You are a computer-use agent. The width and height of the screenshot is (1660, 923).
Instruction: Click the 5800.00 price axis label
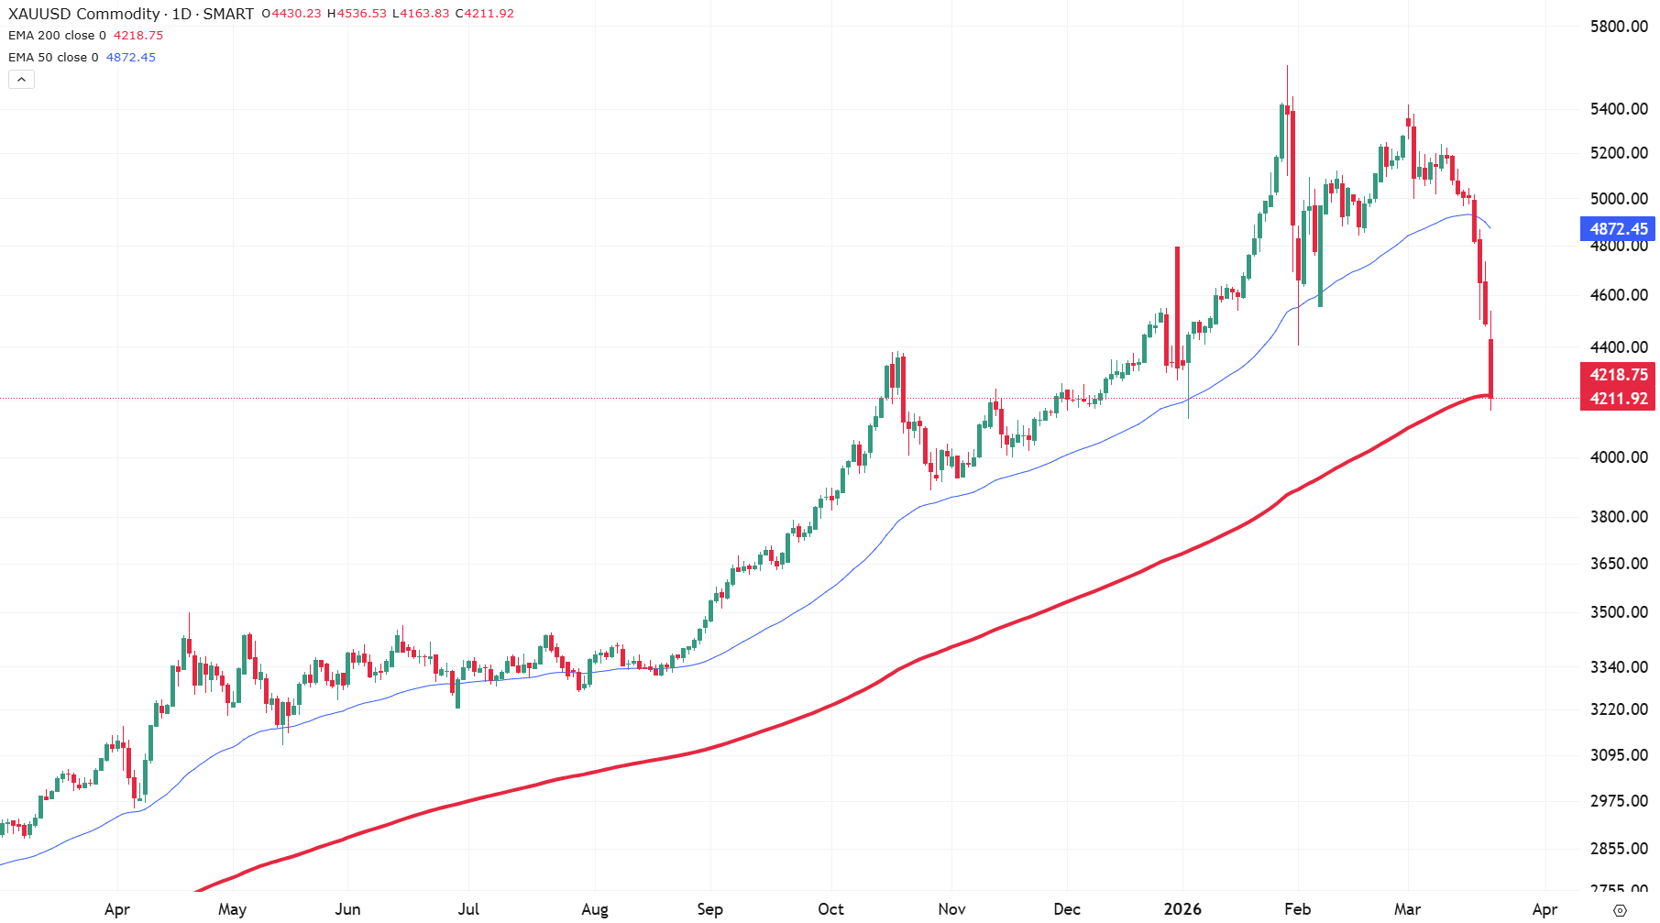pyautogui.click(x=1618, y=27)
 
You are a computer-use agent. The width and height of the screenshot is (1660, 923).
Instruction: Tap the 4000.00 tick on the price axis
pyautogui.click(x=1618, y=457)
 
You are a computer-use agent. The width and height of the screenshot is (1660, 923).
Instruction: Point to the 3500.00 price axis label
pyautogui.click(x=1618, y=612)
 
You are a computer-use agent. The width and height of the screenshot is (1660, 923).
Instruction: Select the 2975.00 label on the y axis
pyautogui.click(x=1618, y=801)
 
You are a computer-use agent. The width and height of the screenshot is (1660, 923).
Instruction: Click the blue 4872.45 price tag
pyautogui.click(x=1618, y=229)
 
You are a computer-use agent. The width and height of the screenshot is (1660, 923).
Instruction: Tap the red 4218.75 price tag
pyautogui.click(x=1618, y=375)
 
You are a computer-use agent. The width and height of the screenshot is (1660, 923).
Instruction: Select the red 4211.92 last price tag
pyautogui.click(x=1618, y=399)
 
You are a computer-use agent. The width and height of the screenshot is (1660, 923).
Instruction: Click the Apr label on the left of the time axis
pyautogui.click(x=116, y=909)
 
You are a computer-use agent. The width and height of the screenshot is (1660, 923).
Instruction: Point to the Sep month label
pyautogui.click(x=709, y=909)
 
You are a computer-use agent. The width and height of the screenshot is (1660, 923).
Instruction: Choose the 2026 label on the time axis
pyautogui.click(x=1182, y=909)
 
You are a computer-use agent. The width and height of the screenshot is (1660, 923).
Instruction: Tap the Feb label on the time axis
pyautogui.click(x=1297, y=909)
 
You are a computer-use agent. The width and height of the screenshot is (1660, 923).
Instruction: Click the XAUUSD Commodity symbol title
pyautogui.click(x=84, y=14)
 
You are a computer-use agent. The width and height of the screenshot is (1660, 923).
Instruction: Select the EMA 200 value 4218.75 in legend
pyautogui.click(x=138, y=36)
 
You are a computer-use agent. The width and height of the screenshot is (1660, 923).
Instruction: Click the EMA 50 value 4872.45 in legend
pyautogui.click(x=131, y=58)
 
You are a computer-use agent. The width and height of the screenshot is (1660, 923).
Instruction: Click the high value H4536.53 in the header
pyautogui.click(x=357, y=14)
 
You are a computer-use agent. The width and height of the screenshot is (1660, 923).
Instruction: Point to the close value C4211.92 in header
pyautogui.click(x=485, y=14)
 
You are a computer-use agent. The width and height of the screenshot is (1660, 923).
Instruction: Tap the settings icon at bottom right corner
pyautogui.click(x=1620, y=910)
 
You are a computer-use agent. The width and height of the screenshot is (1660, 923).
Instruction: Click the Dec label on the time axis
pyautogui.click(x=1066, y=909)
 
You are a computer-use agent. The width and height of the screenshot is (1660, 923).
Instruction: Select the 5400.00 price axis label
pyautogui.click(x=1618, y=109)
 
